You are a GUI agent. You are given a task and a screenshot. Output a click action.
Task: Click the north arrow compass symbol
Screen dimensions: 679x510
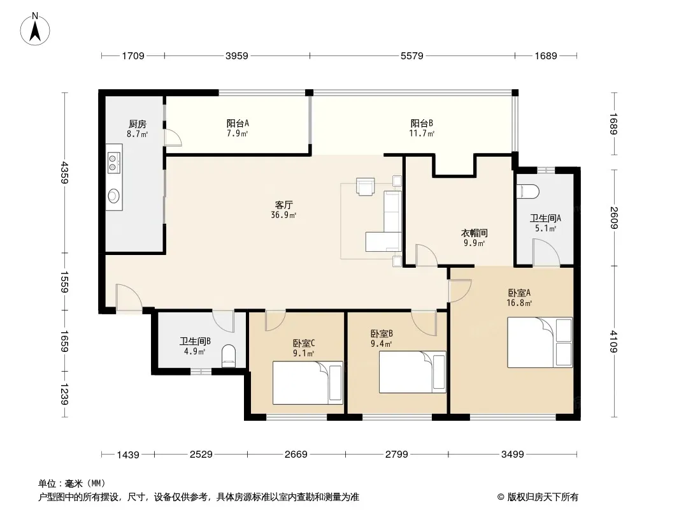click(x=35, y=29)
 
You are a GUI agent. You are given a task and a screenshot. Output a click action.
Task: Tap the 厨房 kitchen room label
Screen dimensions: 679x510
click(x=138, y=124)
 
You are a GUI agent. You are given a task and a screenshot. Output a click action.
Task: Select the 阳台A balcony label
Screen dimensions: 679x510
click(x=238, y=124)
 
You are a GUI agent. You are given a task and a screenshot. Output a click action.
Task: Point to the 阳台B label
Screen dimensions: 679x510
click(x=422, y=124)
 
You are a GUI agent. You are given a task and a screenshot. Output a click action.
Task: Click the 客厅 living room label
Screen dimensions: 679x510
click(x=283, y=205)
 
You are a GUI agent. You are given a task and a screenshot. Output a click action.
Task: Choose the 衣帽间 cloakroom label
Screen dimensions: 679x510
click(x=474, y=233)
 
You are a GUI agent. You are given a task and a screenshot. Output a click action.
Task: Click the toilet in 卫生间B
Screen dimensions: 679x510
click(x=228, y=356)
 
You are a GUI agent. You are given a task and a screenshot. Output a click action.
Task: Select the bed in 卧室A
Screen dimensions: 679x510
click(x=540, y=342)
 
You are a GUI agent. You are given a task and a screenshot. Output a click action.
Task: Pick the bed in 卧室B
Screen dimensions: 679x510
click(x=413, y=372)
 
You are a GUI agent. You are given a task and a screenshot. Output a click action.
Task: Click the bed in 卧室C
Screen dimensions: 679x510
click(x=308, y=382)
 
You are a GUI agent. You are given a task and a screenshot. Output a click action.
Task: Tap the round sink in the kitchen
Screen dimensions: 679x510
click(x=113, y=196)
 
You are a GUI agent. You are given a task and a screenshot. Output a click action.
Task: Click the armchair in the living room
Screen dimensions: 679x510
click(x=365, y=186)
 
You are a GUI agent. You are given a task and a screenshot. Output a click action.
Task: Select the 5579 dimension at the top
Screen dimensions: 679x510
click(x=412, y=56)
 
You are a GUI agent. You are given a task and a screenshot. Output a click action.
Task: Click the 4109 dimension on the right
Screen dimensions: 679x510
click(x=613, y=342)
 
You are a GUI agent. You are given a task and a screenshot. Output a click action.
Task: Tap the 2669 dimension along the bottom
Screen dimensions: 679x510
click(x=296, y=454)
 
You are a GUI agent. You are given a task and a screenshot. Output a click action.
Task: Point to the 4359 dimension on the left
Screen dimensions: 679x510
click(x=64, y=173)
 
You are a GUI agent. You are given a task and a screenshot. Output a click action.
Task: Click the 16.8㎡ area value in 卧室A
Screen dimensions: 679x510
click(x=519, y=303)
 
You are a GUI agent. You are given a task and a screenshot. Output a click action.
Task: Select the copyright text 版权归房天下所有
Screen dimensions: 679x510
click(x=543, y=497)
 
